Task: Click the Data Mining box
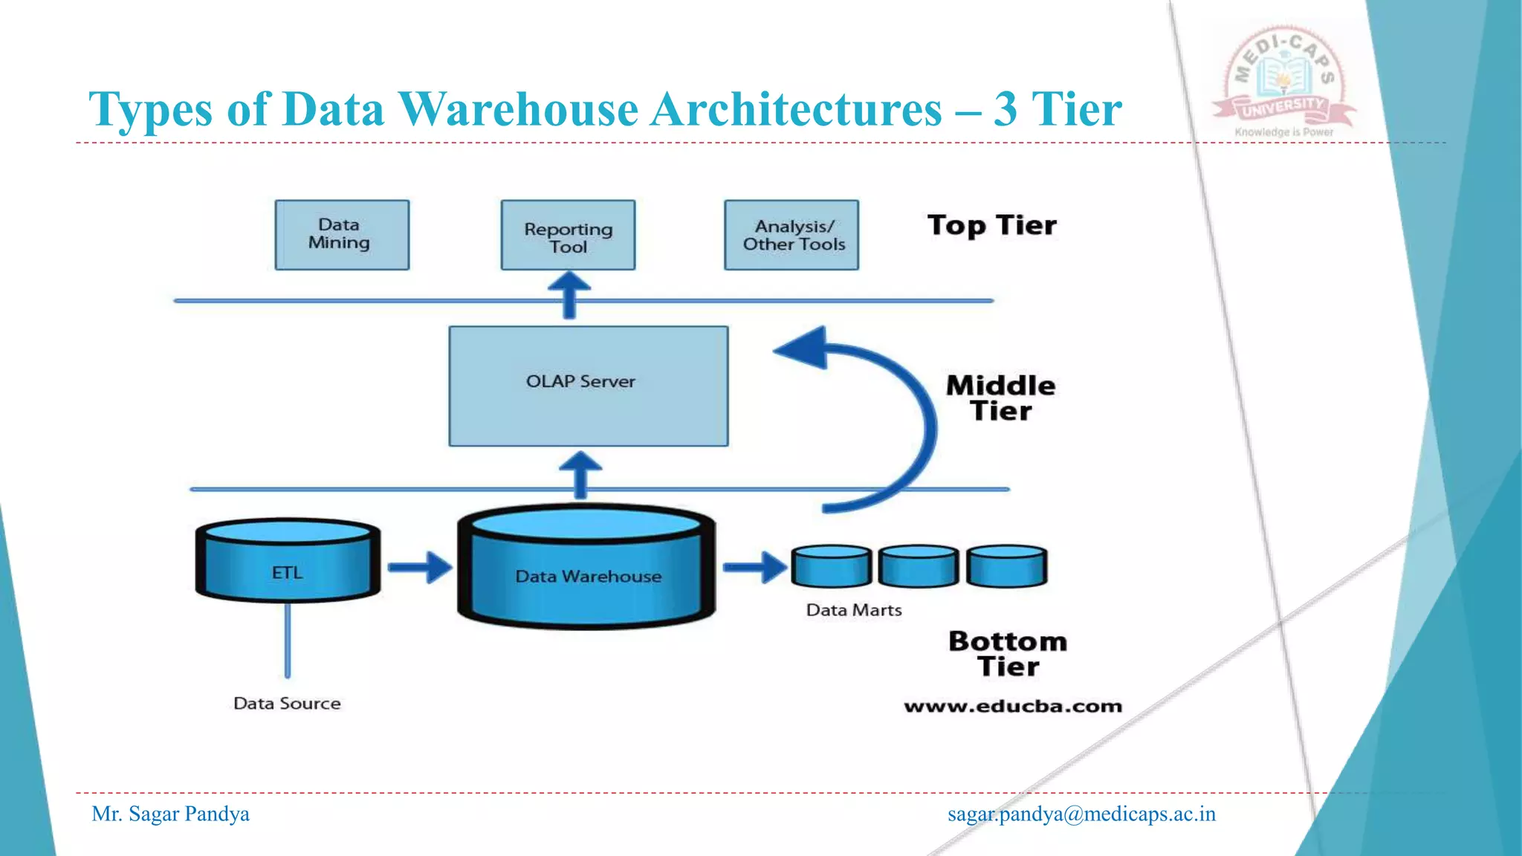coord(342,235)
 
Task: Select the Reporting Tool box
coord(568,236)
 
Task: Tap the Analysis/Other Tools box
coord(791,235)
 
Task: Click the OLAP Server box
coord(588,386)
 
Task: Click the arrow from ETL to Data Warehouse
coord(420,568)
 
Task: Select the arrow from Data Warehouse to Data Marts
coord(755,568)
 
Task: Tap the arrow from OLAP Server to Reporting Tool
coord(569,294)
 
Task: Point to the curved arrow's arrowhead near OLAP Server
coord(804,348)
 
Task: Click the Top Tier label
coord(991,225)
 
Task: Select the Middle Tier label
coord(1000,398)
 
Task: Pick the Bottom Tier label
coord(1008,653)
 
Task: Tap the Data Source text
coord(287,703)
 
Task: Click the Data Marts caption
coord(854,610)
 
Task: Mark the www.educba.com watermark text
coord(1013,706)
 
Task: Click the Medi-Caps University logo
coord(1283,82)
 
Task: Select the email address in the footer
coord(1081,814)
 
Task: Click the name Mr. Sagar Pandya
coord(170,814)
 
